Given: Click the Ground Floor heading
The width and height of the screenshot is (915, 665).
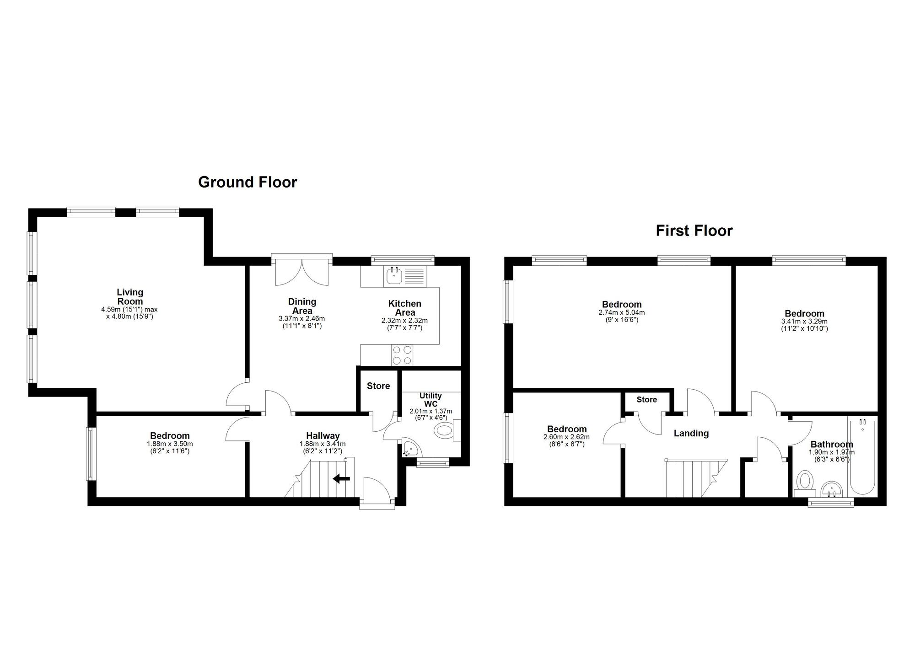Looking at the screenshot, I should click(x=248, y=182).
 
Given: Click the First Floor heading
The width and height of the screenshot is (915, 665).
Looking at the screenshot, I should click(x=694, y=231).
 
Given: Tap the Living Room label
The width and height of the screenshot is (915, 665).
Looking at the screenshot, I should click(x=130, y=296).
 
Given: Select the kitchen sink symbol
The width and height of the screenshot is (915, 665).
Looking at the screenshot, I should click(x=394, y=276).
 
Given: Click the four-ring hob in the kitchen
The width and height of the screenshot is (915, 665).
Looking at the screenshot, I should click(x=402, y=355).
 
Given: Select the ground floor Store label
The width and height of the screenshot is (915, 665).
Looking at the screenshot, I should click(x=378, y=386).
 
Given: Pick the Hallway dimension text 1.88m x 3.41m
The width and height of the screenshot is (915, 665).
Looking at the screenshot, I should click(x=323, y=444).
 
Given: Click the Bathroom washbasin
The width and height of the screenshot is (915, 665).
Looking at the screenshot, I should click(x=832, y=489).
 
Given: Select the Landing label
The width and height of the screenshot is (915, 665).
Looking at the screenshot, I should click(x=691, y=433).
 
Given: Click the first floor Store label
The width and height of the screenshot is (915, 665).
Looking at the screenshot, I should click(x=646, y=400).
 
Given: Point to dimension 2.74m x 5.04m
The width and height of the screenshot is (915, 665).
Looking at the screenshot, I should click(x=622, y=313).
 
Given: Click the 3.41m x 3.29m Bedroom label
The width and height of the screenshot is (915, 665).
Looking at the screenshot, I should click(x=804, y=314).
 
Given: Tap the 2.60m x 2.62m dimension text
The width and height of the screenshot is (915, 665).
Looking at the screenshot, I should click(x=566, y=437).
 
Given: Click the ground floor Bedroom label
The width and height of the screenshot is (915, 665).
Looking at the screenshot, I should click(x=170, y=436).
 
